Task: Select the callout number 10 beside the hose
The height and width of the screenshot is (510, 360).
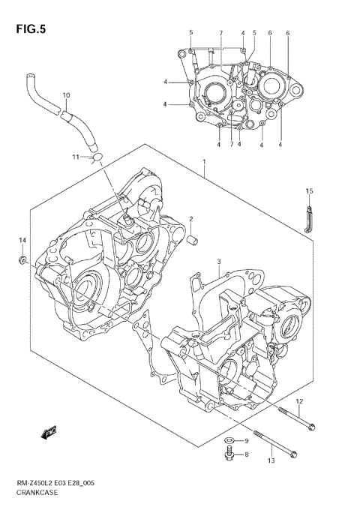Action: tap(66, 95)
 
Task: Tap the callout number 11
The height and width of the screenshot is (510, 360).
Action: tap(76, 156)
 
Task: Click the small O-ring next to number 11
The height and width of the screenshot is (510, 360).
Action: tap(95, 156)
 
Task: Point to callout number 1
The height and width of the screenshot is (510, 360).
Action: tap(202, 161)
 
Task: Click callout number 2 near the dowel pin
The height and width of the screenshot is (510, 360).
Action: tap(191, 219)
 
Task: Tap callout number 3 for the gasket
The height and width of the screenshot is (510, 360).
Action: tap(217, 262)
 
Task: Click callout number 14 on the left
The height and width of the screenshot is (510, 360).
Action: tap(22, 239)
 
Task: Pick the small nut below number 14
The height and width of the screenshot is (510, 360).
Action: tap(23, 259)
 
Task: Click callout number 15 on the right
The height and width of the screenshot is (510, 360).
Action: tap(308, 191)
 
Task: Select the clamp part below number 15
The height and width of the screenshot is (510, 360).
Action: tap(308, 218)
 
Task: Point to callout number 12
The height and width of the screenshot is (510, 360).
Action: tap(298, 402)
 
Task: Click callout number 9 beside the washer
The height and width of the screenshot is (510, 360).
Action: tap(245, 439)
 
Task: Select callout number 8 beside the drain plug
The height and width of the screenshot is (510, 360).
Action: tap(245, 454)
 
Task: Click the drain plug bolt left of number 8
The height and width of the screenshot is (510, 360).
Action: tap(228, 454)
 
